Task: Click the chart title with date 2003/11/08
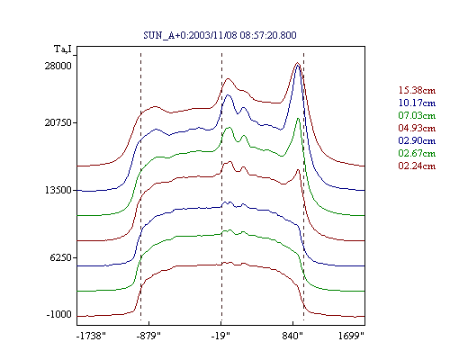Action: [220, 35]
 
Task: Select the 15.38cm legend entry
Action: [417, 90]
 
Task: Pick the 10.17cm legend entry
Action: [417, 103]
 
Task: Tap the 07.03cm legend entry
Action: [417, 115]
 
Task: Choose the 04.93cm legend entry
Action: [417, 128]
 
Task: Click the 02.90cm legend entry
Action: [417, 140]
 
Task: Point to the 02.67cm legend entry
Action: [417, 153]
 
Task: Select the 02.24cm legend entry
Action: [417, 166]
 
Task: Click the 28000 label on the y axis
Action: [58, 66]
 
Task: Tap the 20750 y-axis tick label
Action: [58, 122]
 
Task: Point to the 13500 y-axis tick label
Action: [58, 190]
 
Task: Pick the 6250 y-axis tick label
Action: [61, 257]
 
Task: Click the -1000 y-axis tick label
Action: [59, 314]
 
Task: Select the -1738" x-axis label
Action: [91, 336]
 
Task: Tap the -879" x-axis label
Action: [148, 336]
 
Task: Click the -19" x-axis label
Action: [220, 336]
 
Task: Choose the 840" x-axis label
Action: [292, 336]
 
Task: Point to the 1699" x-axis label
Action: [351, 336]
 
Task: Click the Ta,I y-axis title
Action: [63, 49]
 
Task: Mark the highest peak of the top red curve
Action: [297, 63]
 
